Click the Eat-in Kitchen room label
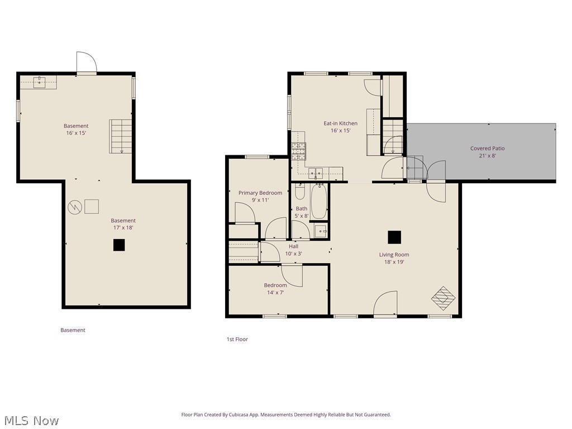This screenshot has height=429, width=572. point(340,123)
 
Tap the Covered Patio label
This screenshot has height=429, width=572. point(487,149)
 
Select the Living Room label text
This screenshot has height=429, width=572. point(394,255)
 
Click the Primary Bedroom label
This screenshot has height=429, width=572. point(260,193)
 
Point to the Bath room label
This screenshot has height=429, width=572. point(301,209)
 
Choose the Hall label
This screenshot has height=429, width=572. point(293,246)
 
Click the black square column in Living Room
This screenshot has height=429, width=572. point(394,237)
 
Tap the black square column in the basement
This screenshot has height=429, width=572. point(118,245)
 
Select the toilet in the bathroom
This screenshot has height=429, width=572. point(299,193)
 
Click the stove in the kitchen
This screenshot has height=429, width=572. point(298,151)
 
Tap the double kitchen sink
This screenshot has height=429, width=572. point(316,173)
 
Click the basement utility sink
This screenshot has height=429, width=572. point(39,83)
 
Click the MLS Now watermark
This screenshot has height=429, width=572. point(31,420)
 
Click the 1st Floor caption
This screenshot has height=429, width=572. point(237,339)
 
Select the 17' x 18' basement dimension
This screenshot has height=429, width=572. point(123,228)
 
